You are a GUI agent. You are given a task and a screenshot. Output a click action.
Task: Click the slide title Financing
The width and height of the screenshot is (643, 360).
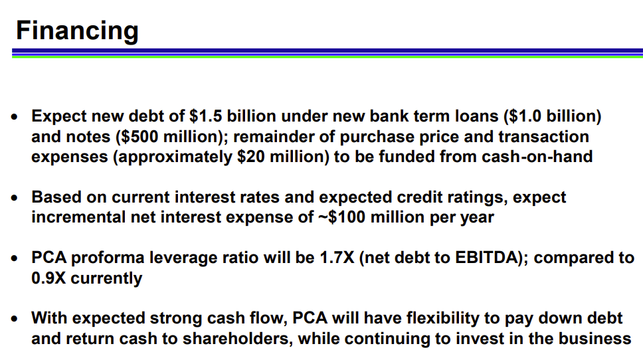(77, 31)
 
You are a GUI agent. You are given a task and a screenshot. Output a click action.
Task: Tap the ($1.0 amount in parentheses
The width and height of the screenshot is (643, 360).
(522, 116)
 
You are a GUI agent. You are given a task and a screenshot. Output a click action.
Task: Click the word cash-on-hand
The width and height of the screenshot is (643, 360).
(537, 157)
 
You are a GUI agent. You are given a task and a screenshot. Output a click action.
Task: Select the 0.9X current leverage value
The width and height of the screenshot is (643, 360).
(48, 278)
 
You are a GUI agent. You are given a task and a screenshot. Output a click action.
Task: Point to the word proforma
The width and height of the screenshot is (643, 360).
(108, 258)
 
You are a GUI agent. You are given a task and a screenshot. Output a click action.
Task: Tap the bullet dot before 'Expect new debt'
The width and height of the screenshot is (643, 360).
(15, 117)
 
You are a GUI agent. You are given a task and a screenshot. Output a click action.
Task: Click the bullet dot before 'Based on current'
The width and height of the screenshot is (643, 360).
(15, 198)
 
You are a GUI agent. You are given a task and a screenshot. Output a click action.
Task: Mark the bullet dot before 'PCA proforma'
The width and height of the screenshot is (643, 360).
(15, 259)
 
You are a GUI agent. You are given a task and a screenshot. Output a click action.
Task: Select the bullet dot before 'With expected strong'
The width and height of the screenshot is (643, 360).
(15, 319)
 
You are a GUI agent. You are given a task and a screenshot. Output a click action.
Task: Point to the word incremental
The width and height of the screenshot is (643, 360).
(78, 217)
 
